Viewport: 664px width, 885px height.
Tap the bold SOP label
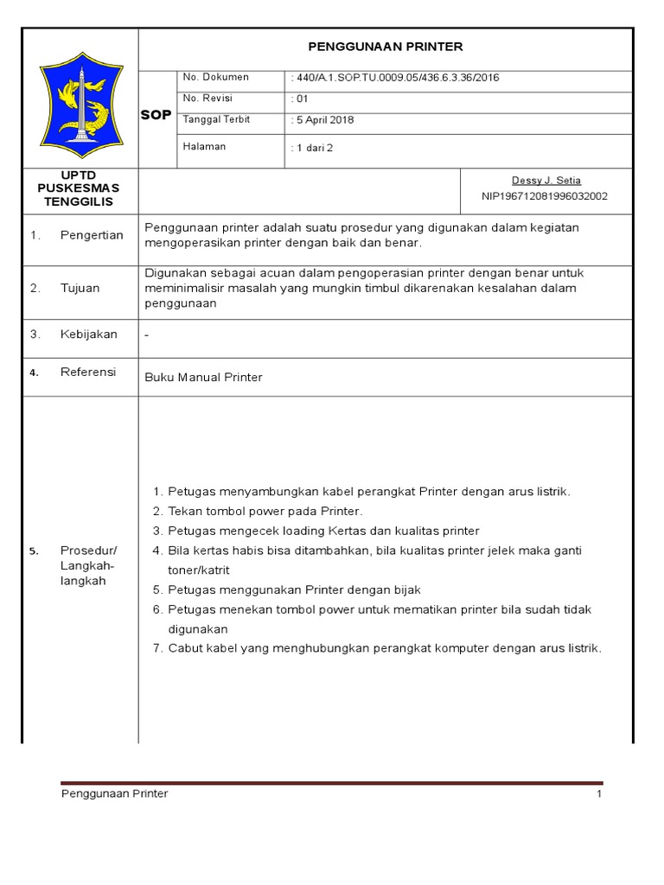point(156,115)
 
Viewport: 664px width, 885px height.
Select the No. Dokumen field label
point(215,78)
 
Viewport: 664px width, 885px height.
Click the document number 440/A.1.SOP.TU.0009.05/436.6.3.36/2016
point(397,78)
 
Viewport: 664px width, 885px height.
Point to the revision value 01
point(300,99)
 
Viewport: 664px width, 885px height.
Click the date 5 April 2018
point(324,120)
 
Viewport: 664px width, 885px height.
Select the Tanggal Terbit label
point(216,119)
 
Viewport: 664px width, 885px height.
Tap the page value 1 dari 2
point(314,148)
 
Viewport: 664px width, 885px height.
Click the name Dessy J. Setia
point(546,181)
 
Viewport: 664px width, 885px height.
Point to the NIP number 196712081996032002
point(545,196)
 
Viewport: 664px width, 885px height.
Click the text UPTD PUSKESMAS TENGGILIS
point(79,188)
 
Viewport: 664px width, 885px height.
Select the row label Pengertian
point(92,235)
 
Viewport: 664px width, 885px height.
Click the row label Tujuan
point(80,288)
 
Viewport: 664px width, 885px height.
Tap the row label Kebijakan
point(89,334)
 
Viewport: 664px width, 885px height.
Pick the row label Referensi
point(88,372)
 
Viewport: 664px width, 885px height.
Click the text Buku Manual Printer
point(203,378)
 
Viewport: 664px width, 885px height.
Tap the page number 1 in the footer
point(598,794)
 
